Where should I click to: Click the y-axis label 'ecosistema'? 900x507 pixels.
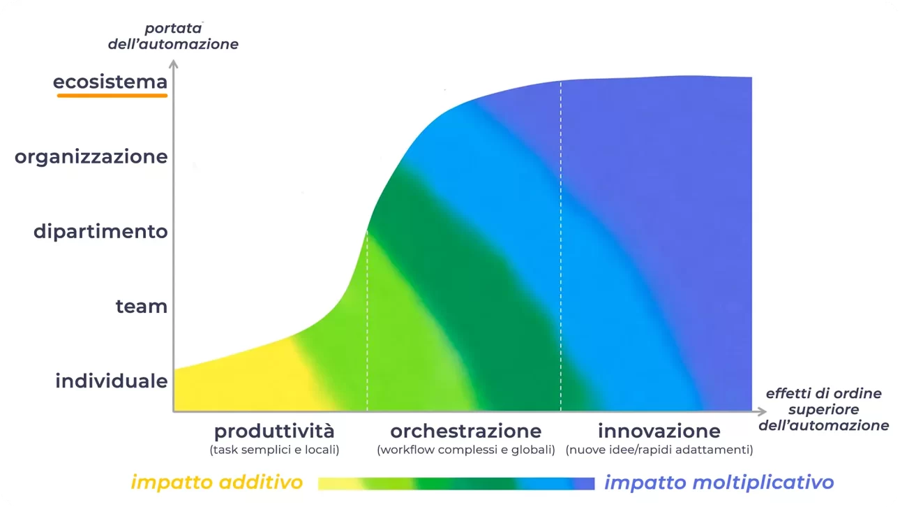(x=110, y=82)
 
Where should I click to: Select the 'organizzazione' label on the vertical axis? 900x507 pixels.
(x=91, y=157)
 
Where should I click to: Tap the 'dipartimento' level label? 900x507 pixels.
(x=100, y=232)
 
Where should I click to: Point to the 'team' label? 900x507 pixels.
(x=142, y=307)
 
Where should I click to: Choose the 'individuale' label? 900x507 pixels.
(x=112, y=381)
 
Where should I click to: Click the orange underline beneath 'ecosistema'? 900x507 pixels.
(x=112, y=96)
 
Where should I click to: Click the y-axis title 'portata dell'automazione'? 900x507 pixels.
(x=173, y=36)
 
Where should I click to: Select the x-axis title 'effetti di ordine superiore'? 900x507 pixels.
(x=824, y=409)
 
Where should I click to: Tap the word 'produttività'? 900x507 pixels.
(x=274, y=432)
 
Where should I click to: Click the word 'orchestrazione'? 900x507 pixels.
(x=466, y=432)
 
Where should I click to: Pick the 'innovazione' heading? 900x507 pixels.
(x=659, y=432)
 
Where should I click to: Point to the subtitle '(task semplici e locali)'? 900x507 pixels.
(x=274, y=450)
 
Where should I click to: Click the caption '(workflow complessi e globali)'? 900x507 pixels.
(x=466, y=450)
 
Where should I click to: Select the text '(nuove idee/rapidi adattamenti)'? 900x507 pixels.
(x=659, y=450)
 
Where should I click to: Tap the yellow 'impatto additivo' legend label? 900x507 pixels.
(x=217, y=482)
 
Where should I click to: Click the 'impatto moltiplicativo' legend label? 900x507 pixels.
(x=719, y=483)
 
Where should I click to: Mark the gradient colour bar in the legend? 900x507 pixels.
(x=456, y=484)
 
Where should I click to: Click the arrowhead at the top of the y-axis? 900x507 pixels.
(x=174, y=64)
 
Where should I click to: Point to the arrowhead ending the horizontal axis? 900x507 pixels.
(x=761, y=411)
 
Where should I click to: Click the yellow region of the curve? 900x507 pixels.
(x=241, y=382)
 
